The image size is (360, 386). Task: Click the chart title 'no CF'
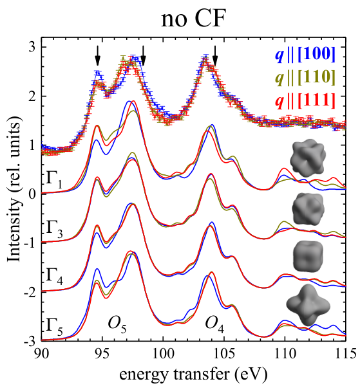(193, 19)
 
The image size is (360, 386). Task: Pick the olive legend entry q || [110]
(305, 78)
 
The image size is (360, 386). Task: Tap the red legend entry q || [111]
(305, 101)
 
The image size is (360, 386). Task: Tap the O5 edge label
(117, 324)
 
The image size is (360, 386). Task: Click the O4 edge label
(214, 324)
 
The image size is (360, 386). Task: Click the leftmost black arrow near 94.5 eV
(98, 55)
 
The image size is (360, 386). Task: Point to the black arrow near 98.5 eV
(143, 55)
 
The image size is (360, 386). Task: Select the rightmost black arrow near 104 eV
(215, 55)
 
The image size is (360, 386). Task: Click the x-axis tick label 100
(163, 354)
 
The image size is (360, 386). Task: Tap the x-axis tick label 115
(346, 354)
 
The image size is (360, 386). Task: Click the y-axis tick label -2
(32, 293)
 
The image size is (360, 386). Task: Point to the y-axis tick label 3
(32, 47)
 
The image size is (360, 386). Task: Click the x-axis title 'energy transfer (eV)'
(193, 374)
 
